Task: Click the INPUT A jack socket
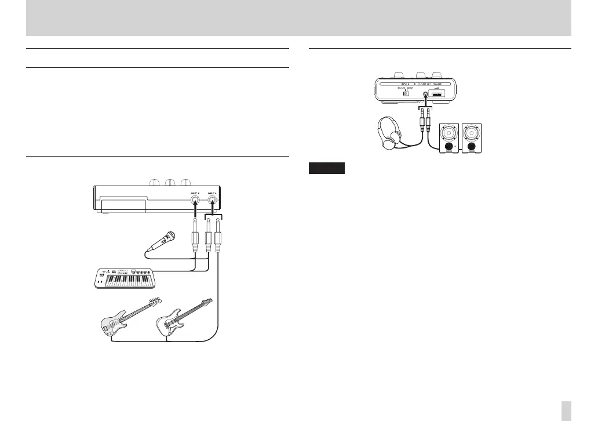pos(214,202)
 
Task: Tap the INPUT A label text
pos(214,194)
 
